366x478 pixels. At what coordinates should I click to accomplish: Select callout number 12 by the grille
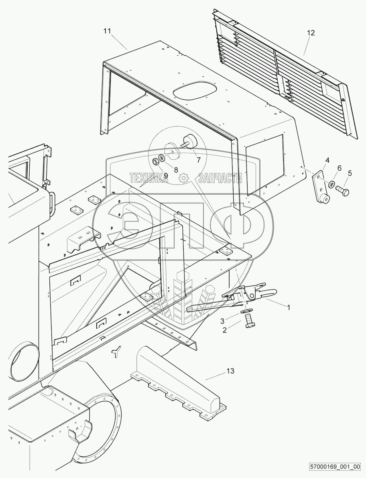[311, 33]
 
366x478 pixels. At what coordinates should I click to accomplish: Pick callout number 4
[327, 160]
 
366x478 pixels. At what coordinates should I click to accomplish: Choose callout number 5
[350, 173]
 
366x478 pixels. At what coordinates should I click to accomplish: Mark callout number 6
[339, 168]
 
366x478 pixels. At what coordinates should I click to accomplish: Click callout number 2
[225, 330]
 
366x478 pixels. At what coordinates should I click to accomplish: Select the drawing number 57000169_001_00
[336, 467]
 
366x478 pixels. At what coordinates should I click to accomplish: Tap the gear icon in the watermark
[183, 177]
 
